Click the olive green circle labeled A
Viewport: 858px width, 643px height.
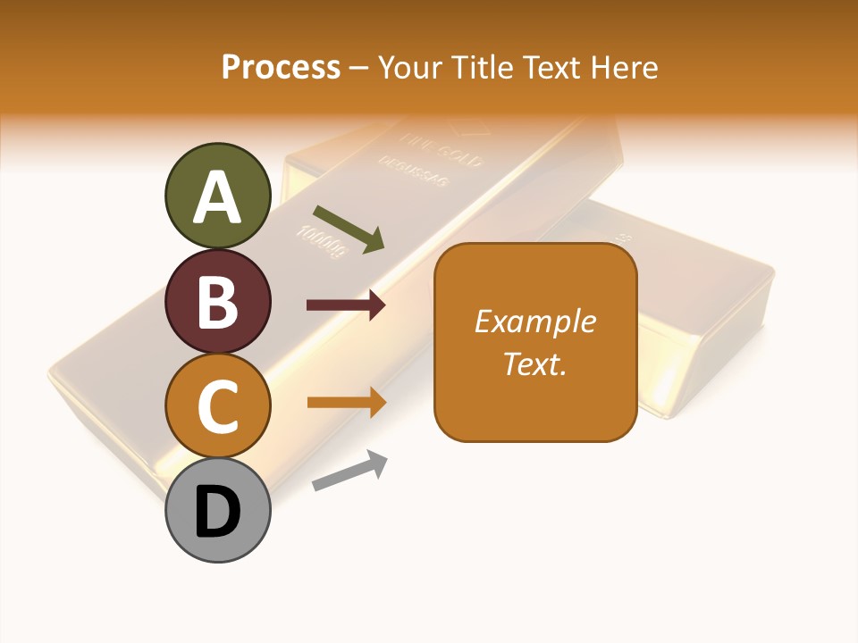pos(217,196)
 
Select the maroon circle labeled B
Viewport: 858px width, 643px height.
pos(217,301)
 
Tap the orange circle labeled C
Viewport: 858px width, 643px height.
pos(217,406)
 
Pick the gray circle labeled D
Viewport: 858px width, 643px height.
pos(217,511)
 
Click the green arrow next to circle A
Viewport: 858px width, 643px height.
pos(349,229)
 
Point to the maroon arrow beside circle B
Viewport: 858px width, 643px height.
pos(346,305)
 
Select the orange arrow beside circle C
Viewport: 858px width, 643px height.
pos(346,403)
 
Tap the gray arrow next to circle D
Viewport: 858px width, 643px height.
pos(349,471)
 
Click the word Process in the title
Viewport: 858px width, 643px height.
pos(281,67)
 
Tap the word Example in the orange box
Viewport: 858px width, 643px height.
pos(535,321)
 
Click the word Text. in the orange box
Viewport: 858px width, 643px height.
pos(535,364)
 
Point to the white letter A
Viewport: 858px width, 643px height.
pos(217,196)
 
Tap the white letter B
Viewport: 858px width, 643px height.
pos(217,302)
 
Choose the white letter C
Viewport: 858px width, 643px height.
pos(217,407)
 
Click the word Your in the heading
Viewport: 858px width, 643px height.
pos(409,67)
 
